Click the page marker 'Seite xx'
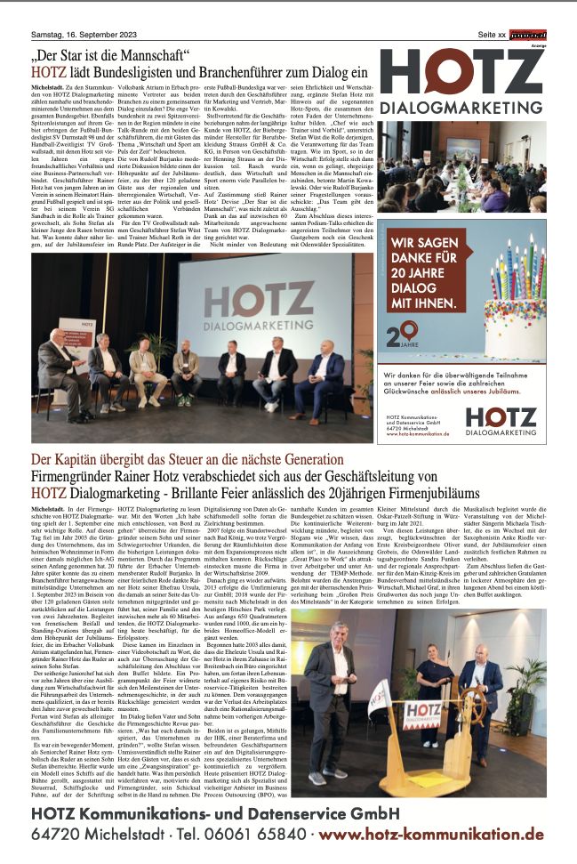[490, 34]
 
